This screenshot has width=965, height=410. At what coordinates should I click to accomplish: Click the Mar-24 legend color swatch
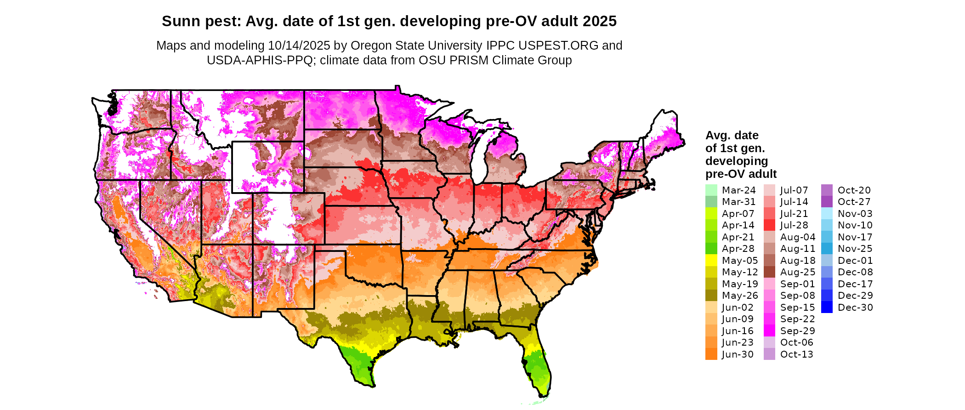(711, 190)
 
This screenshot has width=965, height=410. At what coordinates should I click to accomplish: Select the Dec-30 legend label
(855, 307)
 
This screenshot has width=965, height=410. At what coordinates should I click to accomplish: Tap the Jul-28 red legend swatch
(769, 225)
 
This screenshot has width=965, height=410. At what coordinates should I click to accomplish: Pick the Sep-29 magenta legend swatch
(769, 330)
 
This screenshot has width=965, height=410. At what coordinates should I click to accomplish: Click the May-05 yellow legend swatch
(711, 260)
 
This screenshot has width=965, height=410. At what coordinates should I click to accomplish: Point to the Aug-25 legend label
(798, 272)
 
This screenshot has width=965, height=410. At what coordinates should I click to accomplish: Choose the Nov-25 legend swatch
(827, 249)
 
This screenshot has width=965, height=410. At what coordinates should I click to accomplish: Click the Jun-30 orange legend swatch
(711, 354)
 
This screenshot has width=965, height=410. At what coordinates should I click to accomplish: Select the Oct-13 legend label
(797, 354)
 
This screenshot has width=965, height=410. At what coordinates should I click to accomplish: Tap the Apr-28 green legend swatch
(711, 249)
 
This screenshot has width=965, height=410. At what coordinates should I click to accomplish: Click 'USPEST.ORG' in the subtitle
(558, 46)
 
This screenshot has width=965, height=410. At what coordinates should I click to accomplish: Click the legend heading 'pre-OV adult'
(741, 174)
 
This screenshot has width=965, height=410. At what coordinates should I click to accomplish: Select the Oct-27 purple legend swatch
(827, 202)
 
